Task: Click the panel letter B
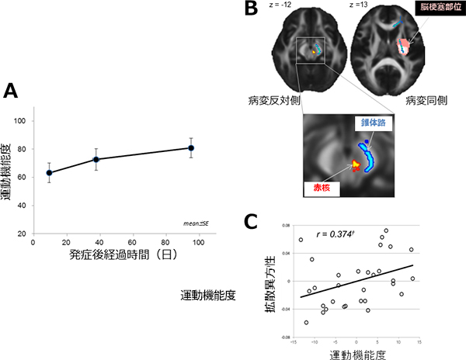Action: (250, 10)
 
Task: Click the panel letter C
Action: (250, 220)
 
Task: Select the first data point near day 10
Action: (49, 173)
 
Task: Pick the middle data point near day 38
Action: (96, 159)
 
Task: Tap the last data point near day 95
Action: (191, 147)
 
